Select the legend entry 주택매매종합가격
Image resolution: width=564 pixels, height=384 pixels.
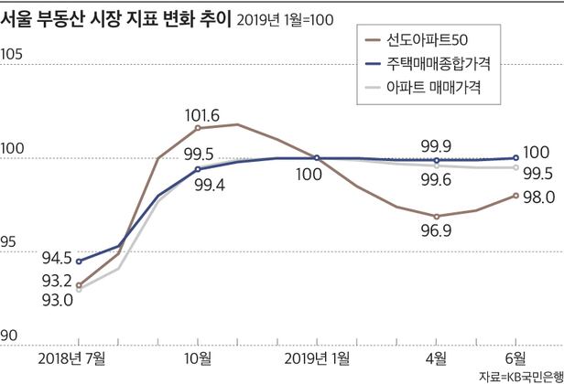point(443,66)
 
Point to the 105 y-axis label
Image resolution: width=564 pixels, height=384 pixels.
point(13,54)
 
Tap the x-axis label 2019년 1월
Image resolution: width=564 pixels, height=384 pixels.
point(316,356)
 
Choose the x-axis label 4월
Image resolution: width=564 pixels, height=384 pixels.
point(437,356)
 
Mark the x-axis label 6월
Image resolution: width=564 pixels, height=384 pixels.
point(515,356)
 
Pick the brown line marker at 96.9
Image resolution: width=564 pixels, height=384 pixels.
point(437,217)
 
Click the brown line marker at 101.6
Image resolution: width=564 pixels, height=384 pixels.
point(198,128)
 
